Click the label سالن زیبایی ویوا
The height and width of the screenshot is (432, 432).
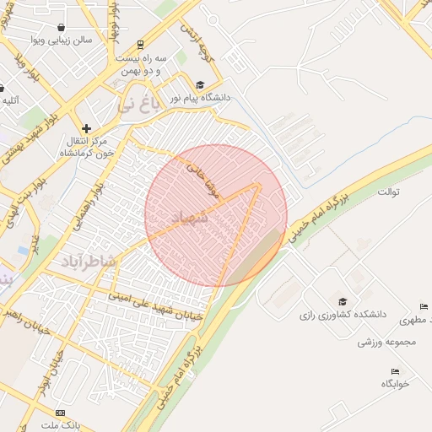tap(61, 40)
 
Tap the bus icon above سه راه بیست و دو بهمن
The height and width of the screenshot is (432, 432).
tap(140, 44)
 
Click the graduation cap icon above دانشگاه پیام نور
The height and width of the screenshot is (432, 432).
tap(200, 84)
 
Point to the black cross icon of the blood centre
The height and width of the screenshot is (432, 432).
tap(86, 128)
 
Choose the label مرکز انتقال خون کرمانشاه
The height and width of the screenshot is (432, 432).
tap(86, 148)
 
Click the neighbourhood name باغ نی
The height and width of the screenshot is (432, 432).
tap(138, 105)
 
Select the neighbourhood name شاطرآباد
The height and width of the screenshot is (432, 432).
tap(87, 262)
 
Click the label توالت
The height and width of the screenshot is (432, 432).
tap(388, 192)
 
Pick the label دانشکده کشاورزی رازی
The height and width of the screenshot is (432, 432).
tap(342, 315)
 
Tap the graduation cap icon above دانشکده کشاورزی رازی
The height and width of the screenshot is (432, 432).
tap(342, 301)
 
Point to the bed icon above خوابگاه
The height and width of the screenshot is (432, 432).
tap(395, 371)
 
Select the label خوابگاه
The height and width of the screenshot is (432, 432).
tap(395, 384)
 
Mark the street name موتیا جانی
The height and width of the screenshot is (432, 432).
tap(206, 180)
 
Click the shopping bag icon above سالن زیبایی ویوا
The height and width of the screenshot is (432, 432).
tap(62, 27)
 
